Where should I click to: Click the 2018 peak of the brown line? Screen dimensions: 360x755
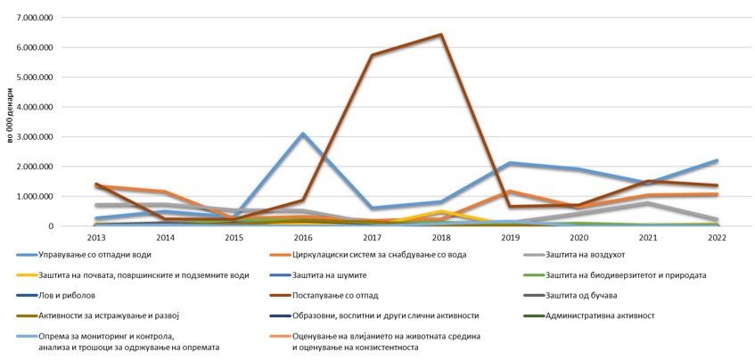(440, 35)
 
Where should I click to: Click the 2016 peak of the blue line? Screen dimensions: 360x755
(303, 134)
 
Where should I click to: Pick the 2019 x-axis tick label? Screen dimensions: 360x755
(509, 238)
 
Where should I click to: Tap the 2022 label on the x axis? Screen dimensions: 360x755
(716, 238)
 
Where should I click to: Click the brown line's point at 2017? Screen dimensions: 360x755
(372, 55)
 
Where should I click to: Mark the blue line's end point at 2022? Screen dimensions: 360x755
(716, 161)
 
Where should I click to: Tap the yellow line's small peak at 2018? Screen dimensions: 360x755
(440, 211)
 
